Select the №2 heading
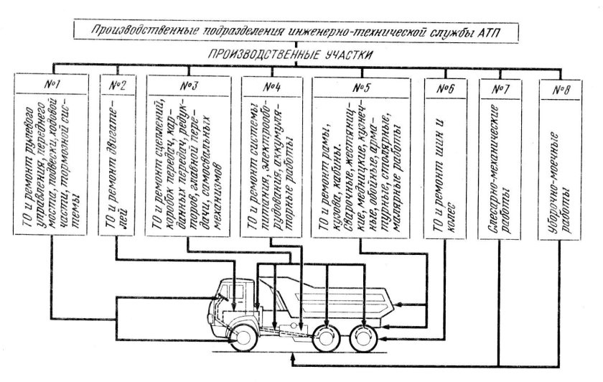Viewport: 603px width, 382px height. tap(119, 85)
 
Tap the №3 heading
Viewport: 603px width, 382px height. tap(189, 85)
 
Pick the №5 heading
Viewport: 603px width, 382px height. tap(362, 85)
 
